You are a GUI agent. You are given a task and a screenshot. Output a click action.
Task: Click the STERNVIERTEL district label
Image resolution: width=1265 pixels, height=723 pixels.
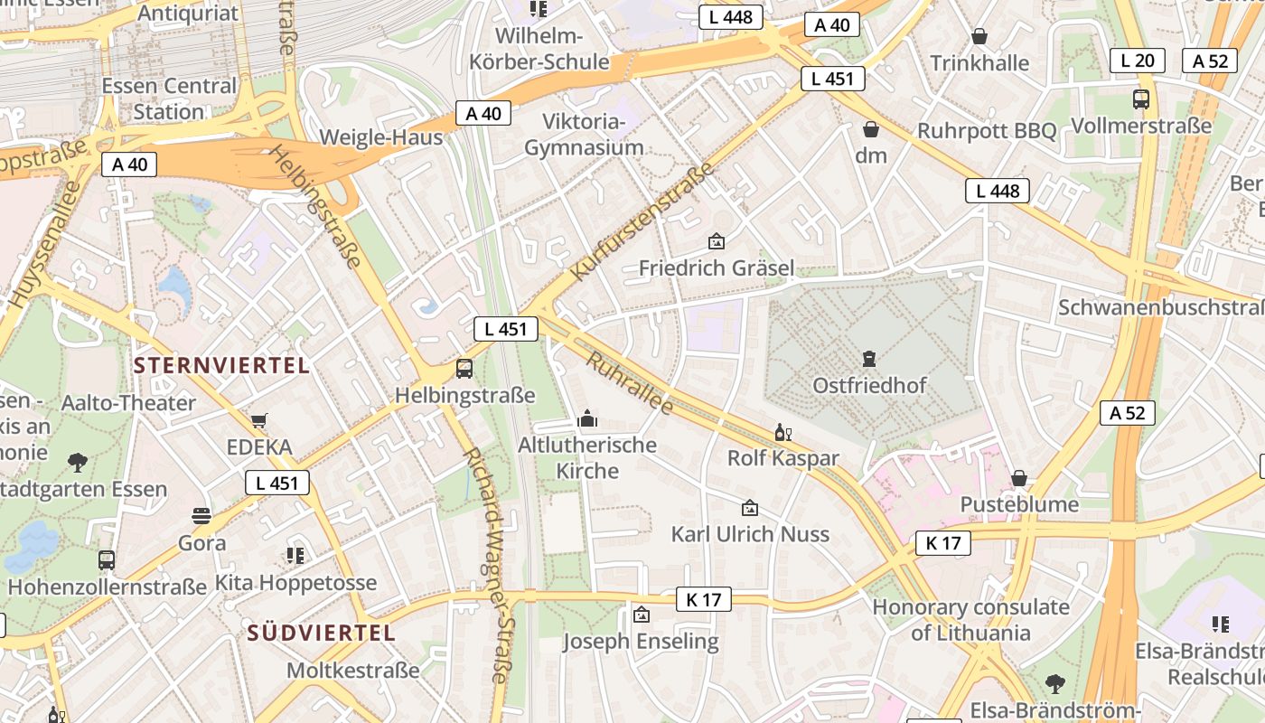(x=221, y=365)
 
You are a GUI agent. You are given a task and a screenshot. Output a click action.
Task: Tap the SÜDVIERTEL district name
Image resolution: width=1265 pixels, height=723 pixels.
(x=322, y=633)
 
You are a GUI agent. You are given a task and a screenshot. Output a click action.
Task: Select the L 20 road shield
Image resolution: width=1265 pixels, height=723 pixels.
(x=1137, y=61)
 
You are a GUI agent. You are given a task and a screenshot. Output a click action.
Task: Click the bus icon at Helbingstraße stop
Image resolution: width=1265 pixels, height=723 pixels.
(x=464, y=368)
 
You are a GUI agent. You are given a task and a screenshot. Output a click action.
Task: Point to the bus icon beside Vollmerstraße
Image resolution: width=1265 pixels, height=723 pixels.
(x=1140, y=99)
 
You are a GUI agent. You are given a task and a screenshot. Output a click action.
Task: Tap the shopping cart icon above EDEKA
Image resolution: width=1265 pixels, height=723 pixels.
(x=259, y=420)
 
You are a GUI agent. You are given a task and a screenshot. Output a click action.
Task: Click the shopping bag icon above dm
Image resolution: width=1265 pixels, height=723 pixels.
(x=871, y=129)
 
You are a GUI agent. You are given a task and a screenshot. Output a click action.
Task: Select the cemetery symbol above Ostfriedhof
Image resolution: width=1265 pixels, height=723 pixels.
(x=869, y=359)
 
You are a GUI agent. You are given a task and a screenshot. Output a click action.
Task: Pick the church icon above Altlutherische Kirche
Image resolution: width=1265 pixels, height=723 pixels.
(x=587, y=419)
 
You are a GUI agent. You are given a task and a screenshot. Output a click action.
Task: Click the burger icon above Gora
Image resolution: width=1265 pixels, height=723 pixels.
(x=201, y=516)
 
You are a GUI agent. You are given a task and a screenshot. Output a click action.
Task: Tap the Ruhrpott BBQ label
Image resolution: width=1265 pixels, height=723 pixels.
(x=987, y=131)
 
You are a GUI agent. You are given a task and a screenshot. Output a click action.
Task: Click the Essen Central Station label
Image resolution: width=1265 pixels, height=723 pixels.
(x=169, y=99)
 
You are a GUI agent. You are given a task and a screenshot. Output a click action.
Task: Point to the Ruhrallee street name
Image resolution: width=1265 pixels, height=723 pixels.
(x=630, y=383)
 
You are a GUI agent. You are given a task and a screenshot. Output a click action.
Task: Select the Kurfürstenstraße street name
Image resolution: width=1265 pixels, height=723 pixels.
(x=642, y=221)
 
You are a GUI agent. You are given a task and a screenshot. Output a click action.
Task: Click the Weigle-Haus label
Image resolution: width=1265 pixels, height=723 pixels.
(x=381, y=137)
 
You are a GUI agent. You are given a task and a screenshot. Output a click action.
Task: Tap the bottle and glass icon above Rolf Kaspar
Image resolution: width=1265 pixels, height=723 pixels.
(x=782, y=433)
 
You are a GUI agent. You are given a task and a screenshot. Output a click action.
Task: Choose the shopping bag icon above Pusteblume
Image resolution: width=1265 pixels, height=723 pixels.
(x=1019, y=477)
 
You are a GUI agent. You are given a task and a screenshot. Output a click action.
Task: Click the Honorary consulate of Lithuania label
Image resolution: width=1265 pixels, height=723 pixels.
(x=970, y=619)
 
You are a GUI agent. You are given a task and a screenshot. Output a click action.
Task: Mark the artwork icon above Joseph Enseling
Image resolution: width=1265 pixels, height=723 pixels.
(x=641, y=615)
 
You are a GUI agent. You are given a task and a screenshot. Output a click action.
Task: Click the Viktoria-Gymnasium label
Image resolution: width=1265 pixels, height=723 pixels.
(x=584, y=135)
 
